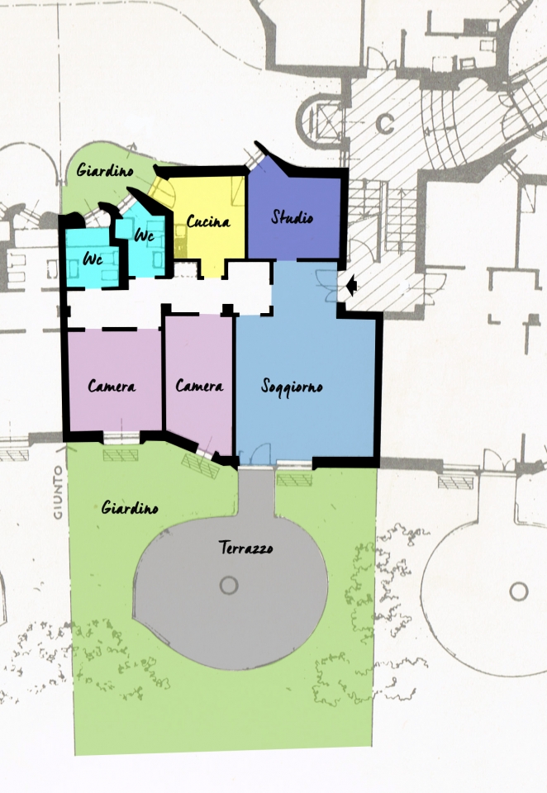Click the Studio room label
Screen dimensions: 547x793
coord(292,217)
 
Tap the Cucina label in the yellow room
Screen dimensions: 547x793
coord(208,221)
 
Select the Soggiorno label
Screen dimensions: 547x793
coord(292,387)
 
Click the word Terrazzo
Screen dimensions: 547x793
coord(246,548)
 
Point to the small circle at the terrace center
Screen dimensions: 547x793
coord(229,586)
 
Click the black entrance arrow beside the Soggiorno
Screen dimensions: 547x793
coord(352,286)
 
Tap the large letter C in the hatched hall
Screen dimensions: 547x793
coord(386,123)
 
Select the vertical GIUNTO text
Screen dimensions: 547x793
coord(58,492)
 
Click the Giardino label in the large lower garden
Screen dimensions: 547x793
coord(130,507)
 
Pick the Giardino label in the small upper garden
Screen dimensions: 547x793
coord(105,170)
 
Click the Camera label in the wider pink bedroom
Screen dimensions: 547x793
coord(112,387)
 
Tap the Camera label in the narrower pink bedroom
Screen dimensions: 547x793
coord(199,387)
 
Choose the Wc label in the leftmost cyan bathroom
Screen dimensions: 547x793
coord(93,259)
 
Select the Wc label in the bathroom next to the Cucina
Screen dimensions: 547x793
coord(145,235)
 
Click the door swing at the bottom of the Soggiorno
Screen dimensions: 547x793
coord(261,453)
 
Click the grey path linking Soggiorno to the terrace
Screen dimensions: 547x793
coord(256,492)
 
